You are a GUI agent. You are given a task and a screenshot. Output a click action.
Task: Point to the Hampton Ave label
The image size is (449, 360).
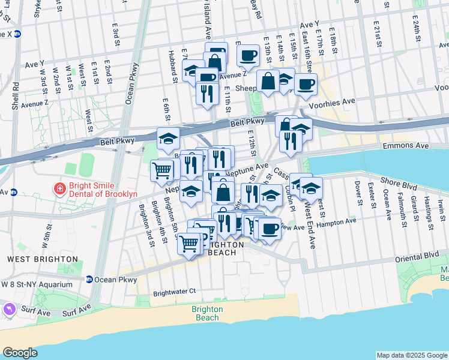coord(340,221)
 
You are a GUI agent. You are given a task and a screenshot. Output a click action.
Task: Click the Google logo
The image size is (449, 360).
coord(20,353)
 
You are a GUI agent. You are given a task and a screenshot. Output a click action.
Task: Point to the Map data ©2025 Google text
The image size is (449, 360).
coord(411,355)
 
